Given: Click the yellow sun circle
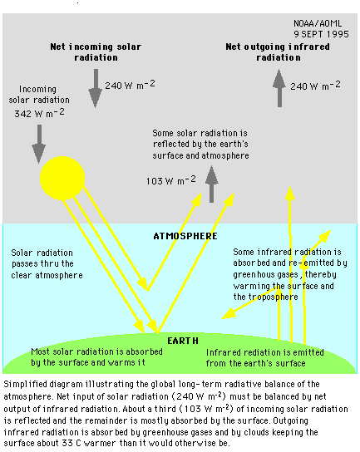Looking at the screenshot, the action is [62, 178].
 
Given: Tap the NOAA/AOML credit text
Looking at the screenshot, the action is [318, 23].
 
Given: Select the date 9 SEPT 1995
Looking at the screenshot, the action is [321, 34].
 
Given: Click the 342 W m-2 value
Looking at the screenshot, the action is [40, 113].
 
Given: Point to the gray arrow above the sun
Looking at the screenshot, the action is [39, 144].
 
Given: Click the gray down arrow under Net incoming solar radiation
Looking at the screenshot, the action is [96, 88].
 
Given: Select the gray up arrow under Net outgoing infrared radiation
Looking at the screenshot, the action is [279, 88].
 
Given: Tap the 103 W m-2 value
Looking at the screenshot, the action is [170, 180].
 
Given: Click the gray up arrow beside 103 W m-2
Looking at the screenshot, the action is [212, 184].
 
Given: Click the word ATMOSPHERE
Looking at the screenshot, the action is [185, 236].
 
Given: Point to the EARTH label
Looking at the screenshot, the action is [183, 341].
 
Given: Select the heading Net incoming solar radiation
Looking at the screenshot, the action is [96, 52].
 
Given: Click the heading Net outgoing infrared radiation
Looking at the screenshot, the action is [278, 52].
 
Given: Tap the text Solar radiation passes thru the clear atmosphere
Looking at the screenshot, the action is [47, 263].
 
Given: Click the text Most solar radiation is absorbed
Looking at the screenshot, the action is [97, 351].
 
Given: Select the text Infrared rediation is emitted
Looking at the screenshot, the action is [265, 352].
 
